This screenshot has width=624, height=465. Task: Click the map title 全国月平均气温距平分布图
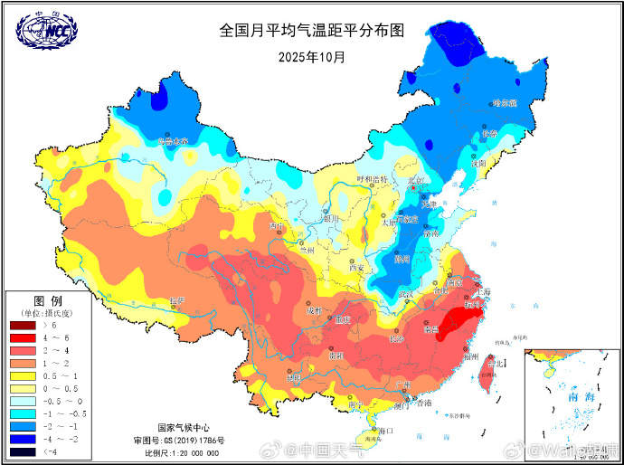point(311,30)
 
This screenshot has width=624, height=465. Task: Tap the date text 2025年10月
point(311,56)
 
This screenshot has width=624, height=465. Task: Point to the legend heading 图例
point(47,300)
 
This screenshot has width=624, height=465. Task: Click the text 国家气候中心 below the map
point(184,427)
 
